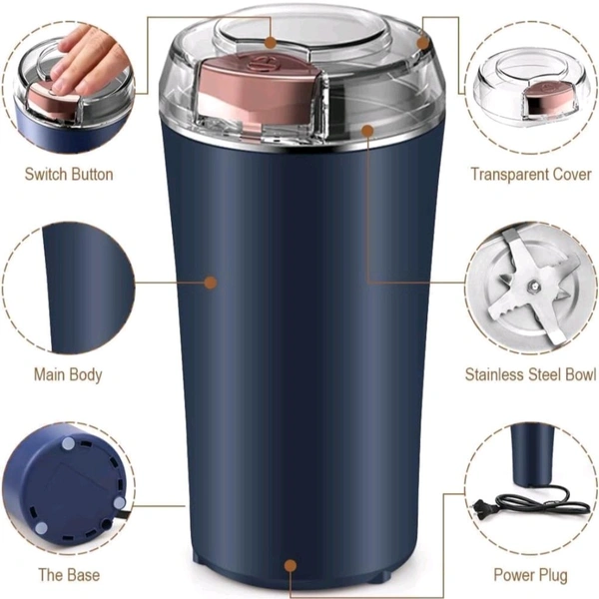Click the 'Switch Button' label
(69, 174)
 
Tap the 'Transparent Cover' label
(531, 174)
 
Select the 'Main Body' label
(68, 374)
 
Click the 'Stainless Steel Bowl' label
(530, 374)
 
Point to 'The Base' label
(69, 575)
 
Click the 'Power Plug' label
(531, 575)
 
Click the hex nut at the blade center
(532, 285)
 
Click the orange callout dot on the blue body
(211, 283)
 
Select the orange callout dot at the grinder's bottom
(291, 566)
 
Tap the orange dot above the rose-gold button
(271, 42)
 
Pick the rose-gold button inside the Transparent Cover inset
(547, 98)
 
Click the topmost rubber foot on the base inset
(68, 443)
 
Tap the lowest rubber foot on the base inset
(41, 528)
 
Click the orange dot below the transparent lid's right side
(367, 131)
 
